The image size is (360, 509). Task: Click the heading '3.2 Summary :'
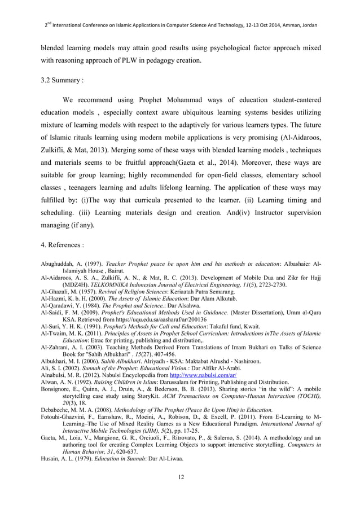tap(62, 80)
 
